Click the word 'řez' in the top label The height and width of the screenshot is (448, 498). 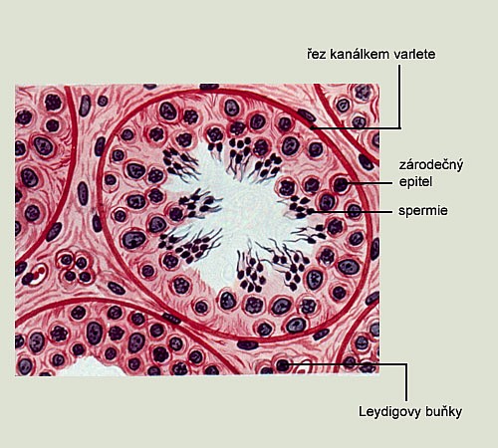[x=317, y=54]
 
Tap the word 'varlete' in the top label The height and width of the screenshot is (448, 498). [x=414, y=54]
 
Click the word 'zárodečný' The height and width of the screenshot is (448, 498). [x=430, y=165]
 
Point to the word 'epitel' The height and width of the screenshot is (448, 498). [x=415, y=182]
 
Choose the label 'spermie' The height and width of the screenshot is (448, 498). [x=423, y=210]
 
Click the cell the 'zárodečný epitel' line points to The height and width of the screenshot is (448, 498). [x=340, y=184]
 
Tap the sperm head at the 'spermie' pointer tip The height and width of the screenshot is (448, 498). [x=310, y=211]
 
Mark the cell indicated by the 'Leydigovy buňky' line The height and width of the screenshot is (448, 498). [x=283, y=365]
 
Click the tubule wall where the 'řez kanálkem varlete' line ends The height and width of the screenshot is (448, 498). [x=312, y=127]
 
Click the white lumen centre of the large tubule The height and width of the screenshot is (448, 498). [x=246, y=212]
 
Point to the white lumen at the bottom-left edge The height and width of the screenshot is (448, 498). [x=90, y=367]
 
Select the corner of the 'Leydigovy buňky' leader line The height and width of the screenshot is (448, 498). [x=406, y=364]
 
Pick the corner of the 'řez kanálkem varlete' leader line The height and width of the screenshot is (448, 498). [x=399, y=127]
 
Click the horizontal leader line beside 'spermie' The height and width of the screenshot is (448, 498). [x=352, y=211]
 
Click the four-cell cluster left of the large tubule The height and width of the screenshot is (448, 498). [x=75, y=266]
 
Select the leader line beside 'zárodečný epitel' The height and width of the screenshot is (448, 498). [x=370, y=183]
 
